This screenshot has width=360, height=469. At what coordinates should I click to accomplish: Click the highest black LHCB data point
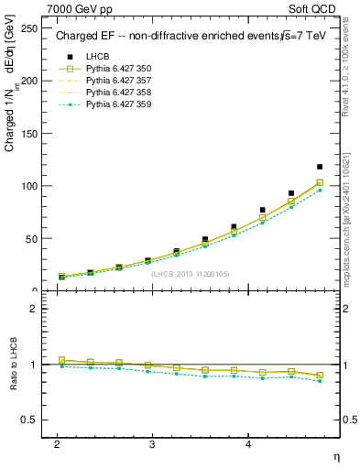[x=320, y=167]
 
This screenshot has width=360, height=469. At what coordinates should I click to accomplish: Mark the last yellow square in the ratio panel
[x=320, y=376]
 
